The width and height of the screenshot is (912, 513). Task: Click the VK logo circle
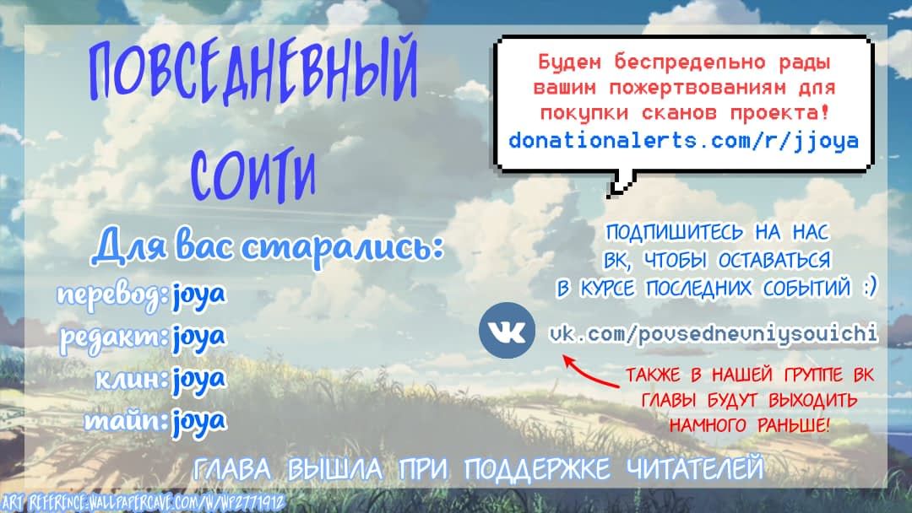pos(507,330)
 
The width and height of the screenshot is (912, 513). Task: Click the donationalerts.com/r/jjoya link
pos(683,141)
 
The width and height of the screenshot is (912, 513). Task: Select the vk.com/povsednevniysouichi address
pos(713,334)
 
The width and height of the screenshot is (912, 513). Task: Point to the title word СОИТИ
pos(253,174)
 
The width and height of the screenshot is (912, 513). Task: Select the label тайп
pos(126,421)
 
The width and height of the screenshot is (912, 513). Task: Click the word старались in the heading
pos(342,247)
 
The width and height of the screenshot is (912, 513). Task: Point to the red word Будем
pos(569,62)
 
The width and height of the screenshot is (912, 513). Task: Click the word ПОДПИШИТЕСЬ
pos(674,233)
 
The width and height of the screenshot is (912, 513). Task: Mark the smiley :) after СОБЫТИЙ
pos(869,287)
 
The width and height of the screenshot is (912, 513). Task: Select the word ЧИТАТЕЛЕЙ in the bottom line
pos(694,468)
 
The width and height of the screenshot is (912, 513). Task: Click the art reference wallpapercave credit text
pos(143,502)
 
